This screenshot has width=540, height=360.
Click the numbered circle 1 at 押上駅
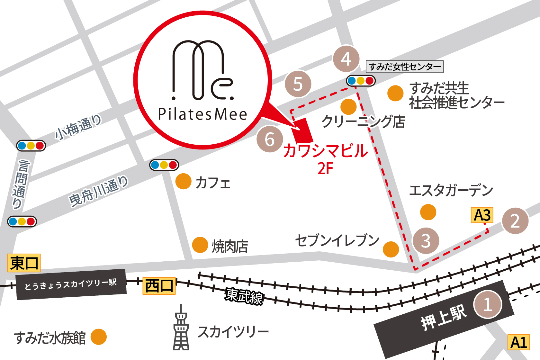point(488,304)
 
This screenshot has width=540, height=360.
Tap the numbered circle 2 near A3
point(515,221)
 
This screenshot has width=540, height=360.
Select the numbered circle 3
point(426,241)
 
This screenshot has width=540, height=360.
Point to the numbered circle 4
point(346,59)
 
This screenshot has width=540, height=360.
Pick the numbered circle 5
point(298,84)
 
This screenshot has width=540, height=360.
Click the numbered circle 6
point(270,139)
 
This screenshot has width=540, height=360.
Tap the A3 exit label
point(482,215)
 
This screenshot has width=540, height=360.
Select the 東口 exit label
point(24,263)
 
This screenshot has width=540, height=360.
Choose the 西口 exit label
point(159,286)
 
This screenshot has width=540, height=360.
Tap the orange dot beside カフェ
point(184,181)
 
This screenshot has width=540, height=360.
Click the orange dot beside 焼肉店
point(200,245)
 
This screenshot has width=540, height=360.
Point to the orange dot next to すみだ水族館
point(98,337)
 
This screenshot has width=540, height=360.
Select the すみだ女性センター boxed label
point(405,67)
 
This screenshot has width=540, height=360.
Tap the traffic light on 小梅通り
point(31,146)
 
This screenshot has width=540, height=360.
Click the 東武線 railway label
point(244,296)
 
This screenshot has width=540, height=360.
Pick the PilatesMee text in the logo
point(203,114)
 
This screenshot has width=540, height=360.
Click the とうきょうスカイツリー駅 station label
point(71,284)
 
